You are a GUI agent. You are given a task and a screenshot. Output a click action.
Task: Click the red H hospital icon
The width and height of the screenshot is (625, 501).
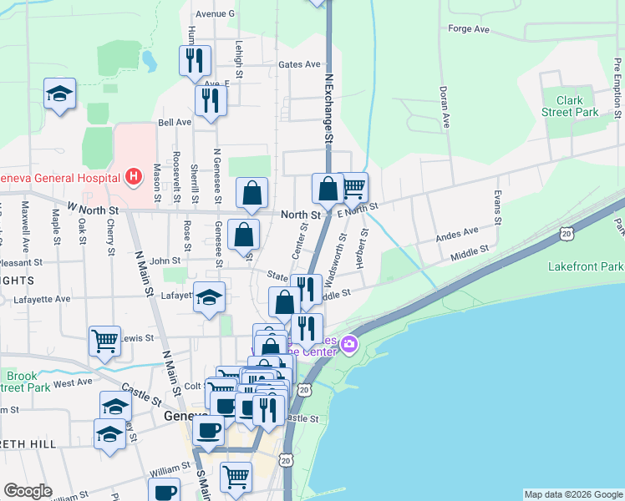click(x=132, y=177)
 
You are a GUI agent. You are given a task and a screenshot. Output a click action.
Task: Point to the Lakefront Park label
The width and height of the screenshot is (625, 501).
click(x=586, y=267)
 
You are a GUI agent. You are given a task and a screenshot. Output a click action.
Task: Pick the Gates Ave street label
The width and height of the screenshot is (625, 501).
click(x=299, y=64)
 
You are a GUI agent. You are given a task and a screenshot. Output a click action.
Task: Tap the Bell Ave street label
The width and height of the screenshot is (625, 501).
click(x=175, y=121)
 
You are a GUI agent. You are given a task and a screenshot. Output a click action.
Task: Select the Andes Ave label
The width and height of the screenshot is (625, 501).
click(x=457, y=233)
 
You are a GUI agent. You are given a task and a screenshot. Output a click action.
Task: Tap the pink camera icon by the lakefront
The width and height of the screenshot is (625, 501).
click(x=348, y=344)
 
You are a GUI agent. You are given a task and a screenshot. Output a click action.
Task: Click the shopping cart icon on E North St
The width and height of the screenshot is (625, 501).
click(x=353, y=187)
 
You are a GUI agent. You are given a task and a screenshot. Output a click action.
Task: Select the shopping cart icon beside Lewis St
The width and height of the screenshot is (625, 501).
click(x=104, y=341)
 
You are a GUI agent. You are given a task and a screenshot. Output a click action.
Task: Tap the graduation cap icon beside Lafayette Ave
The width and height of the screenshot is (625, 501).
click(x=209, y=296)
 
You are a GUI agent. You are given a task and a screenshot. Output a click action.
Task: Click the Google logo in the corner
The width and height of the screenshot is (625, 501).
click(x=28, y=491)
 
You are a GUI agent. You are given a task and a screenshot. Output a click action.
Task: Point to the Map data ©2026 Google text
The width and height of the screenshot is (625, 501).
click(x=572, y=494)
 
